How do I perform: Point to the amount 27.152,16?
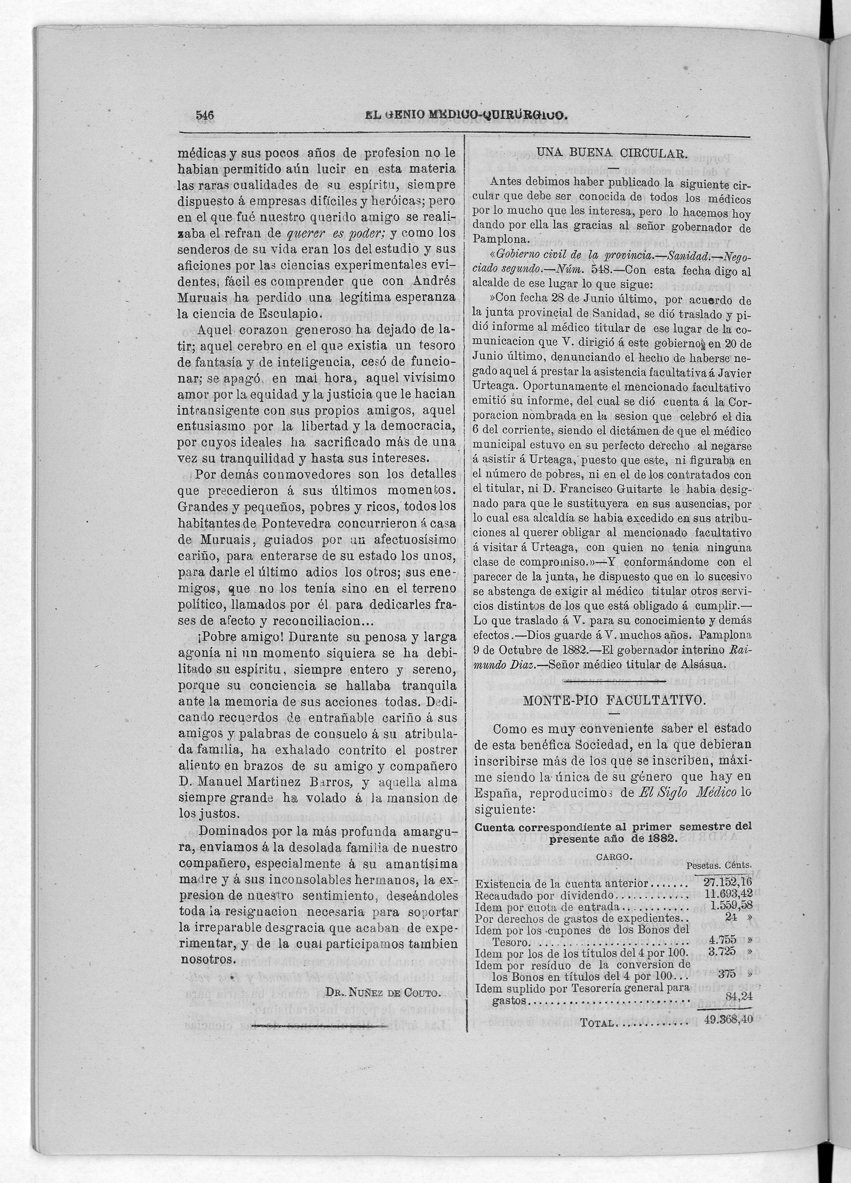click(727, 881)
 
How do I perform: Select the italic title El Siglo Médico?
click(687, 792)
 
